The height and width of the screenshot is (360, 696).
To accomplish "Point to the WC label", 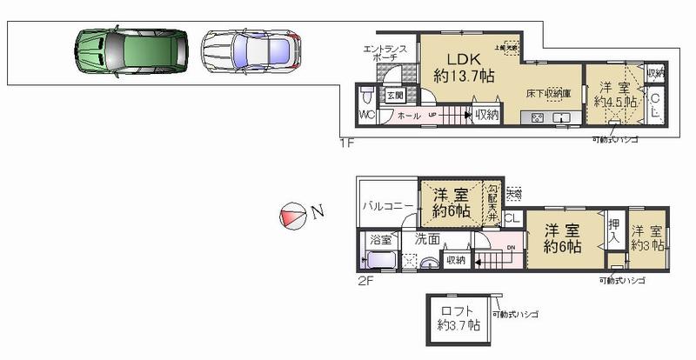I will [x=366, y=115].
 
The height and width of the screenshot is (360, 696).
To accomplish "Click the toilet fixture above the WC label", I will [x=365, y=93].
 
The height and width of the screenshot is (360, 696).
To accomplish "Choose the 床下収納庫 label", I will [x=547, y=93].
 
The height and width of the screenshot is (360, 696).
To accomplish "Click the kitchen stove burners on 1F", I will [x=537, y=118].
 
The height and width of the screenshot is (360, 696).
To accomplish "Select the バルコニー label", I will [x=387, y=208].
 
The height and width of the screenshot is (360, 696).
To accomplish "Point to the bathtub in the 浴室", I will [x=380, y=259].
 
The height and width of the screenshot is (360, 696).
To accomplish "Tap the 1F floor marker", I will [x=346, y=143].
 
